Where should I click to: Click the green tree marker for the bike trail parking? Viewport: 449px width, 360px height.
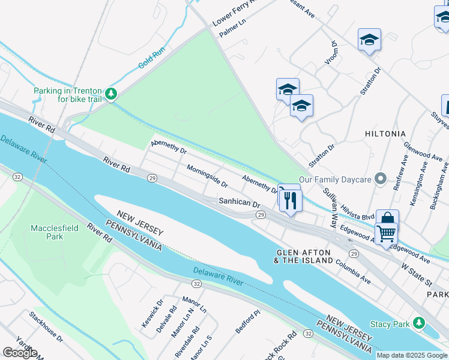point(111,94)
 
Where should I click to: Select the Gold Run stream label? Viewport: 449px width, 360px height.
point(151,58)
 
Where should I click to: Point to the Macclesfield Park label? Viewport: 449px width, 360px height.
point(47,232)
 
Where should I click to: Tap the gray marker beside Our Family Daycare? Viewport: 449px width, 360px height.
point(379,179)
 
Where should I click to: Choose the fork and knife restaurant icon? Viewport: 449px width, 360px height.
point(291,200)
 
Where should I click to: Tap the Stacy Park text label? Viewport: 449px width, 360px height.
point(390,324)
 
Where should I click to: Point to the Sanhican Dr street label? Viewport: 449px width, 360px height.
point(239,204)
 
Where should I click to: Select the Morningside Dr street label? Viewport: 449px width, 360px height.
point(207,176)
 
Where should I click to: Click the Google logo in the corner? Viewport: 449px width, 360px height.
point(20,352)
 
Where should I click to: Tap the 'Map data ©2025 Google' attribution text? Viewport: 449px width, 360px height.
point(412,355)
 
